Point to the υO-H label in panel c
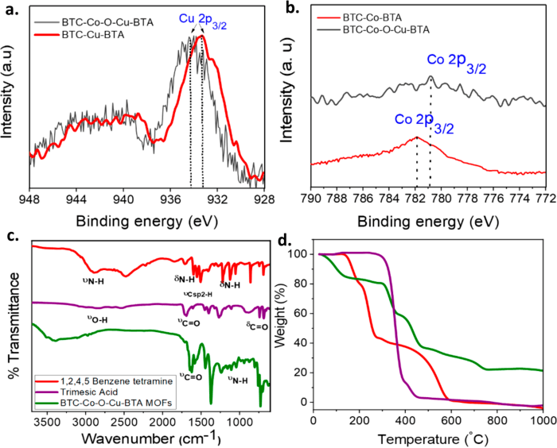coord(99,319)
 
